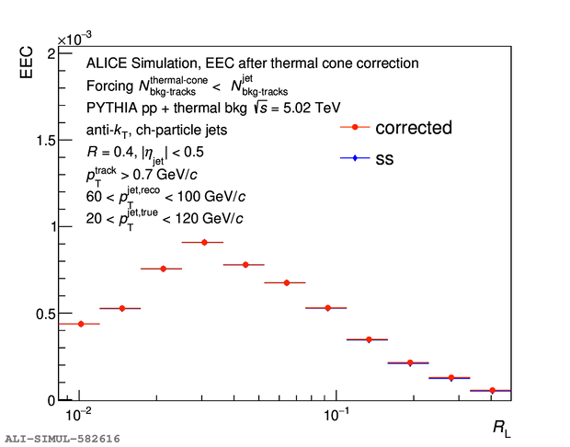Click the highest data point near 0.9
203,242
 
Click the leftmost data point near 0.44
80,324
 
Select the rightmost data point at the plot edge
493,391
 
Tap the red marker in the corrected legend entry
354,128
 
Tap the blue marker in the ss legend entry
354,159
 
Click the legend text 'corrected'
413,128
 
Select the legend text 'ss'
384,159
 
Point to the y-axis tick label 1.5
40,140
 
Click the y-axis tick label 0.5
40,314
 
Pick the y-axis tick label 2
49,53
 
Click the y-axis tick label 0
49,400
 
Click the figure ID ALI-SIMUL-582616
62,439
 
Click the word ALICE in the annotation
107,63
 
